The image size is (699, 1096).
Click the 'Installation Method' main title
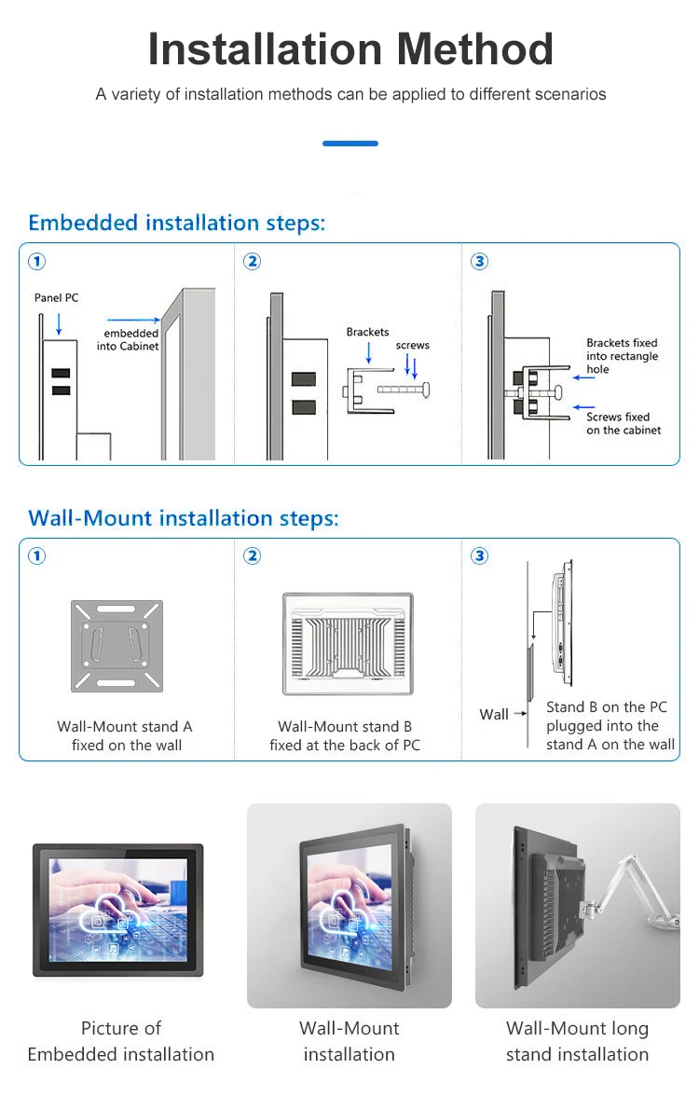350,49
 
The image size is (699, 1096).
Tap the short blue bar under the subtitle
350,144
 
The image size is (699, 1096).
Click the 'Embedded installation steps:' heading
176,223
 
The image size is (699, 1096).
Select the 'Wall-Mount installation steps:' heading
184,518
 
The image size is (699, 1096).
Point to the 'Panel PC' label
57,298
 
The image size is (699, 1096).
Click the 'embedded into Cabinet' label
130,340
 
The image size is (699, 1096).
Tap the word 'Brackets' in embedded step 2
367,332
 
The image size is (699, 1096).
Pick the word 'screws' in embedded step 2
412,345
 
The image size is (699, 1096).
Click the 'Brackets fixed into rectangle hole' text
622,356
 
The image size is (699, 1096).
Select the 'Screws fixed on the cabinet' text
623,423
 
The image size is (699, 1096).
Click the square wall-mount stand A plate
116,646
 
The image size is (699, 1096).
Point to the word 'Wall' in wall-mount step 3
494,715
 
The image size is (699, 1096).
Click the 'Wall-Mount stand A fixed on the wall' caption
126,735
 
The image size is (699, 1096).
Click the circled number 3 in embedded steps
480,262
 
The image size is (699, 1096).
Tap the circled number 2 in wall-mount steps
252,556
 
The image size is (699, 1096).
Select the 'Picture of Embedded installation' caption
121,1041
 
